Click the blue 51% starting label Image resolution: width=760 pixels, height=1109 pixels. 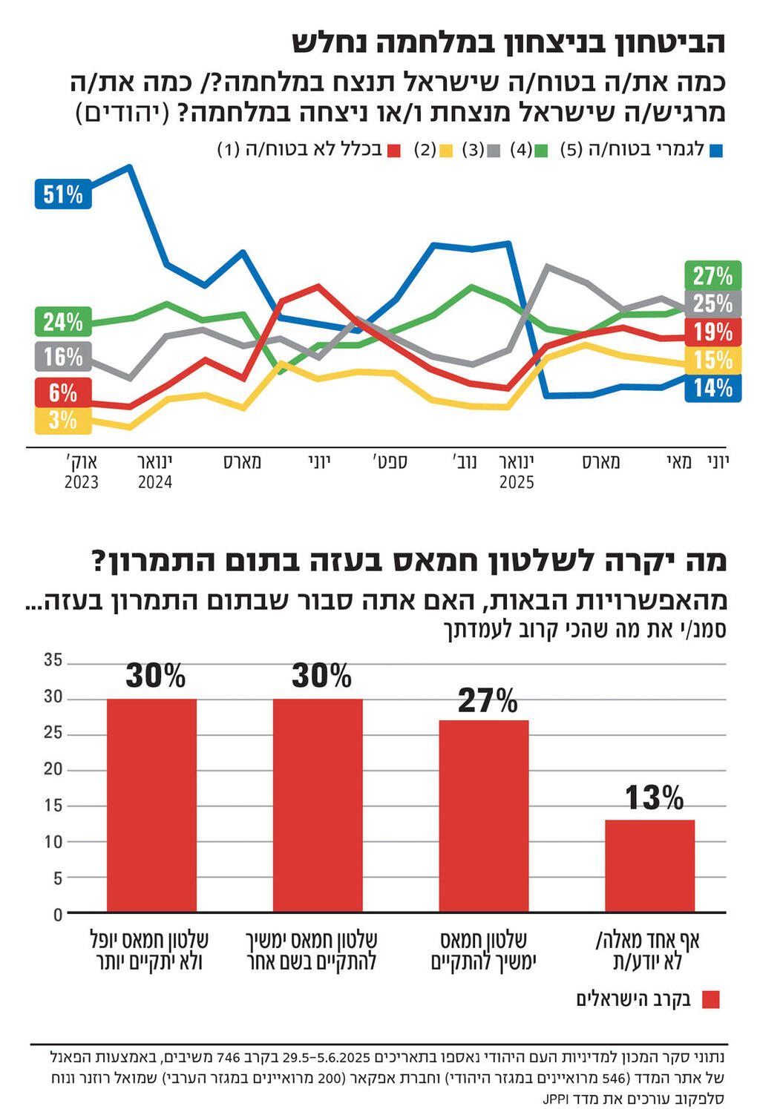coord(63,194)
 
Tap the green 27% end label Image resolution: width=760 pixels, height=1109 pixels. coord(712,276)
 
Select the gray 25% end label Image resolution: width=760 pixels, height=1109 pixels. coord(712,303)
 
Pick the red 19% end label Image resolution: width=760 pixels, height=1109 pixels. coord(712,332)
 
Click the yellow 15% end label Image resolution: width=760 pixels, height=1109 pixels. coord(712,360)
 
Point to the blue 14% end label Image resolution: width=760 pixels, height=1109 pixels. coord(712,388)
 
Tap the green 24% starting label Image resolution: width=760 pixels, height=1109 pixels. coord(63,322)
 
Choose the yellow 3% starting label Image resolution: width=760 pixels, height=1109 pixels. coord(63,421)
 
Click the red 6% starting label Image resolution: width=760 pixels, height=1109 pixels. coord(63,392)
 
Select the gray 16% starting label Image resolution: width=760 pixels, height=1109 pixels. coord(63,357)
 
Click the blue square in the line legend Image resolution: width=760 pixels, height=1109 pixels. coord(716,151)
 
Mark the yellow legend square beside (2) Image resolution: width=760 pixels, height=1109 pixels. coord(445,151)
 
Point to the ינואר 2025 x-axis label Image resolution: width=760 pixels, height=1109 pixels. coord(517,472)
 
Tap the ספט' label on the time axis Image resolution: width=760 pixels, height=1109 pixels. coord(390,463)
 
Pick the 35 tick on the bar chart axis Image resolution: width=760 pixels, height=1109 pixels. coord(53,660)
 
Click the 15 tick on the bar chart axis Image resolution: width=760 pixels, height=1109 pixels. coord(53,806)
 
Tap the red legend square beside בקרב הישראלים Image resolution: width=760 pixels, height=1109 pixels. coord(710,1000)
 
